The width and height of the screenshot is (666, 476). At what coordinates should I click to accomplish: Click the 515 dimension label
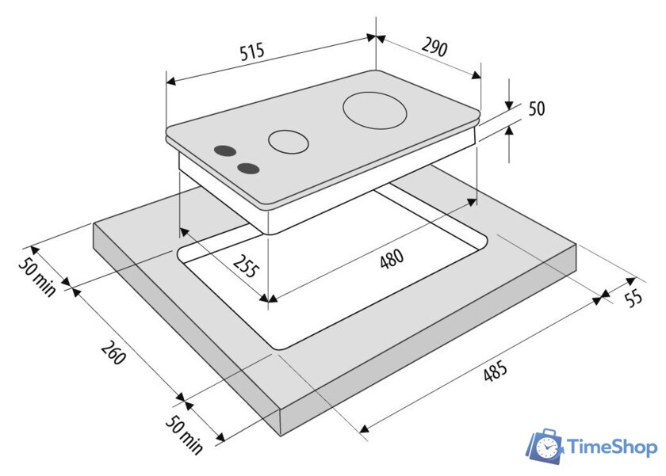pos(252,51)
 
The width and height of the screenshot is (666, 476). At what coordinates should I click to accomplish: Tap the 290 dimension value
pos(434,47)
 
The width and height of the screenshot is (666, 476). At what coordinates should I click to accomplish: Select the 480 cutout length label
pos(392,259)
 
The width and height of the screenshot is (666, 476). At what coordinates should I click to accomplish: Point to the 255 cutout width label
pos(247,265)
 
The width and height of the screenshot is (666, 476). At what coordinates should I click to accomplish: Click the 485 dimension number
pos(496,371)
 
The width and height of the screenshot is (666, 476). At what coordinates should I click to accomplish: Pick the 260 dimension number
pos(113,352)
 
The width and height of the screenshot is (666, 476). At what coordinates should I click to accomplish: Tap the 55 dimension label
pos(634,299)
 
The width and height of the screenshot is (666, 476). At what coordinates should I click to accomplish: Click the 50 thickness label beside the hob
pos(537,109)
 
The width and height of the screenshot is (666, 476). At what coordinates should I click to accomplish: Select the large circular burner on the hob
pos(374,110)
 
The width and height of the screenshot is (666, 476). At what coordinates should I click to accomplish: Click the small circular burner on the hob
pos(288,142)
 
